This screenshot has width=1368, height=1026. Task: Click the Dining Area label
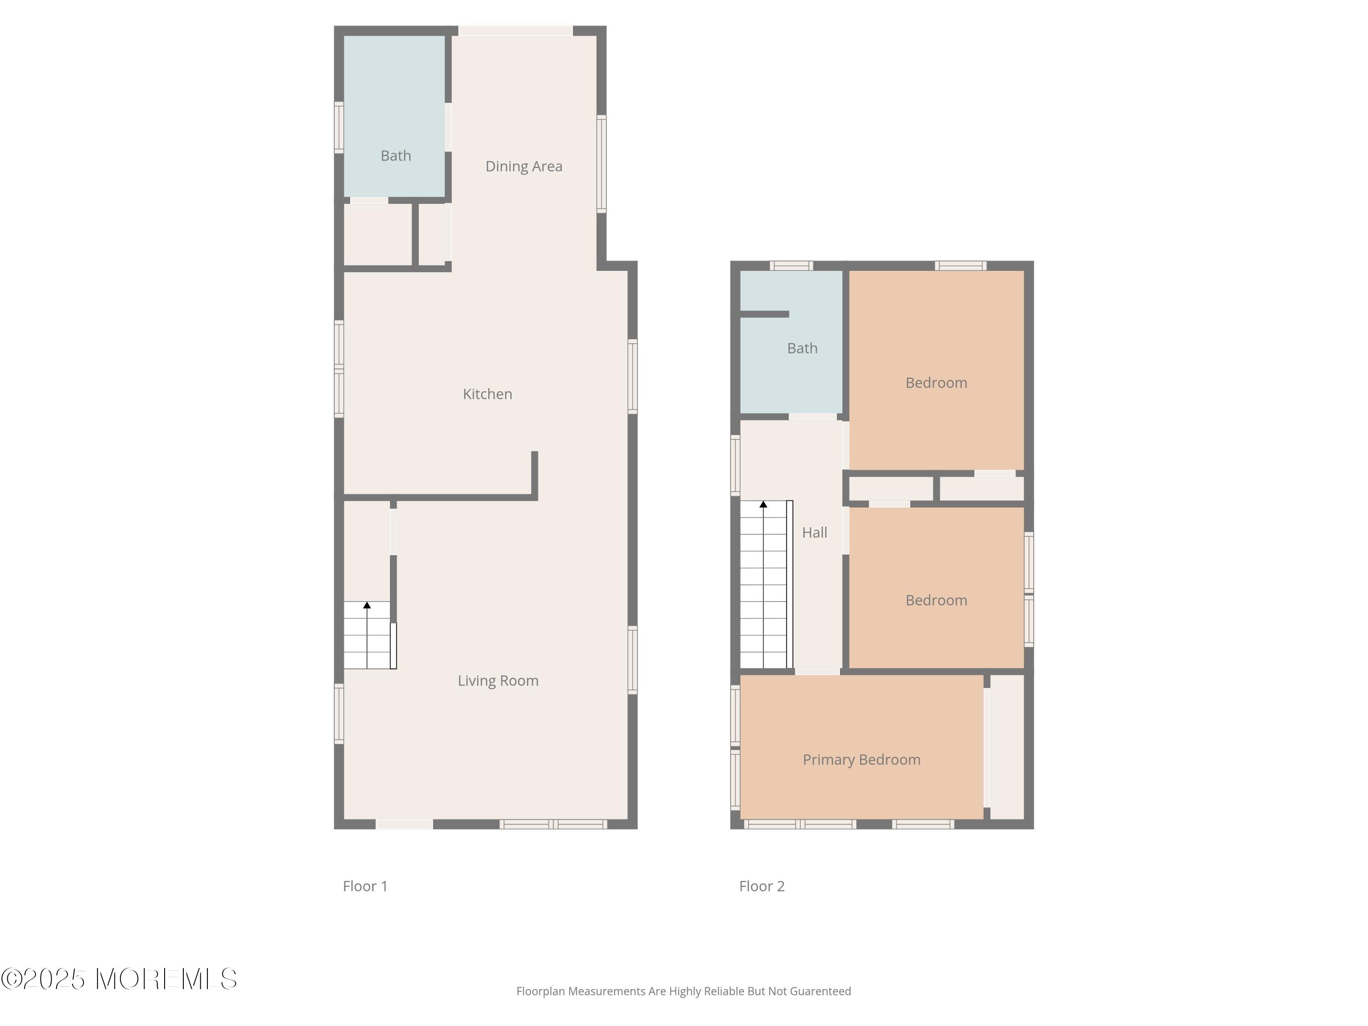pos(524,166)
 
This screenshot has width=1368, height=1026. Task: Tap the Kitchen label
pos(487,394)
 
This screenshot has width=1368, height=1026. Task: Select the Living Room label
pos(498,681)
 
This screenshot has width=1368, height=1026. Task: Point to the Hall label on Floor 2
pos(814,533)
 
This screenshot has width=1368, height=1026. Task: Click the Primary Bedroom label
pos(861,759)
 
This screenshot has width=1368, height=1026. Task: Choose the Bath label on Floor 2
pos(802,348)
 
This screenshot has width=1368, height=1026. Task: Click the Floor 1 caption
pos(365,886)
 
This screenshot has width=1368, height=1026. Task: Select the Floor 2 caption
pos(762,886)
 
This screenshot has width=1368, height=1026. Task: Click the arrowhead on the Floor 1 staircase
pos(367,605)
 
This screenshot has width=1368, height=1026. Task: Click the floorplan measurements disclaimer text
pos(684,991)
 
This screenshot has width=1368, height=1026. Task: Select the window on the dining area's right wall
pos(601,164)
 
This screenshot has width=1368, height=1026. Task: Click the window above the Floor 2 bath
pos(792,266)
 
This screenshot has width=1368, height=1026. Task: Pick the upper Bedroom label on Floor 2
pos(936,383)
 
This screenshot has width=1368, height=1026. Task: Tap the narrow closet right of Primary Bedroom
pos(1007,747)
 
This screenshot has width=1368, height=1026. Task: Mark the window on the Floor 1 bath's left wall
pos(339,127)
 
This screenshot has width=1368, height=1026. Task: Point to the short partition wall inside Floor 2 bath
pos(764,314)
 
